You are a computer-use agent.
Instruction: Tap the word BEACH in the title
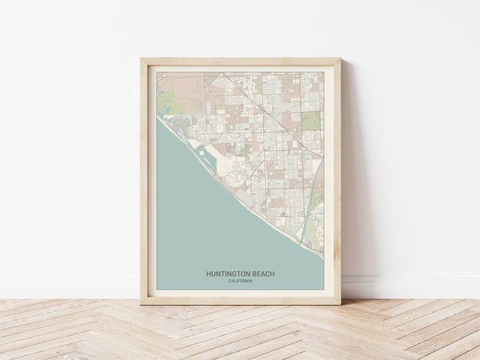pyautogui.click(x=262, y=274)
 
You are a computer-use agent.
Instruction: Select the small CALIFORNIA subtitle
pyautogui.click(x=240, y=281)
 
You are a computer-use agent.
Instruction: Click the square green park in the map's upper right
pyautogui.click(x=310, y=120)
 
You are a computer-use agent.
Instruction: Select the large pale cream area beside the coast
pyautogui.click(x=228, y=168)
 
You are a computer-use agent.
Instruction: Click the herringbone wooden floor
pyautogui.click(x=240, y=332)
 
